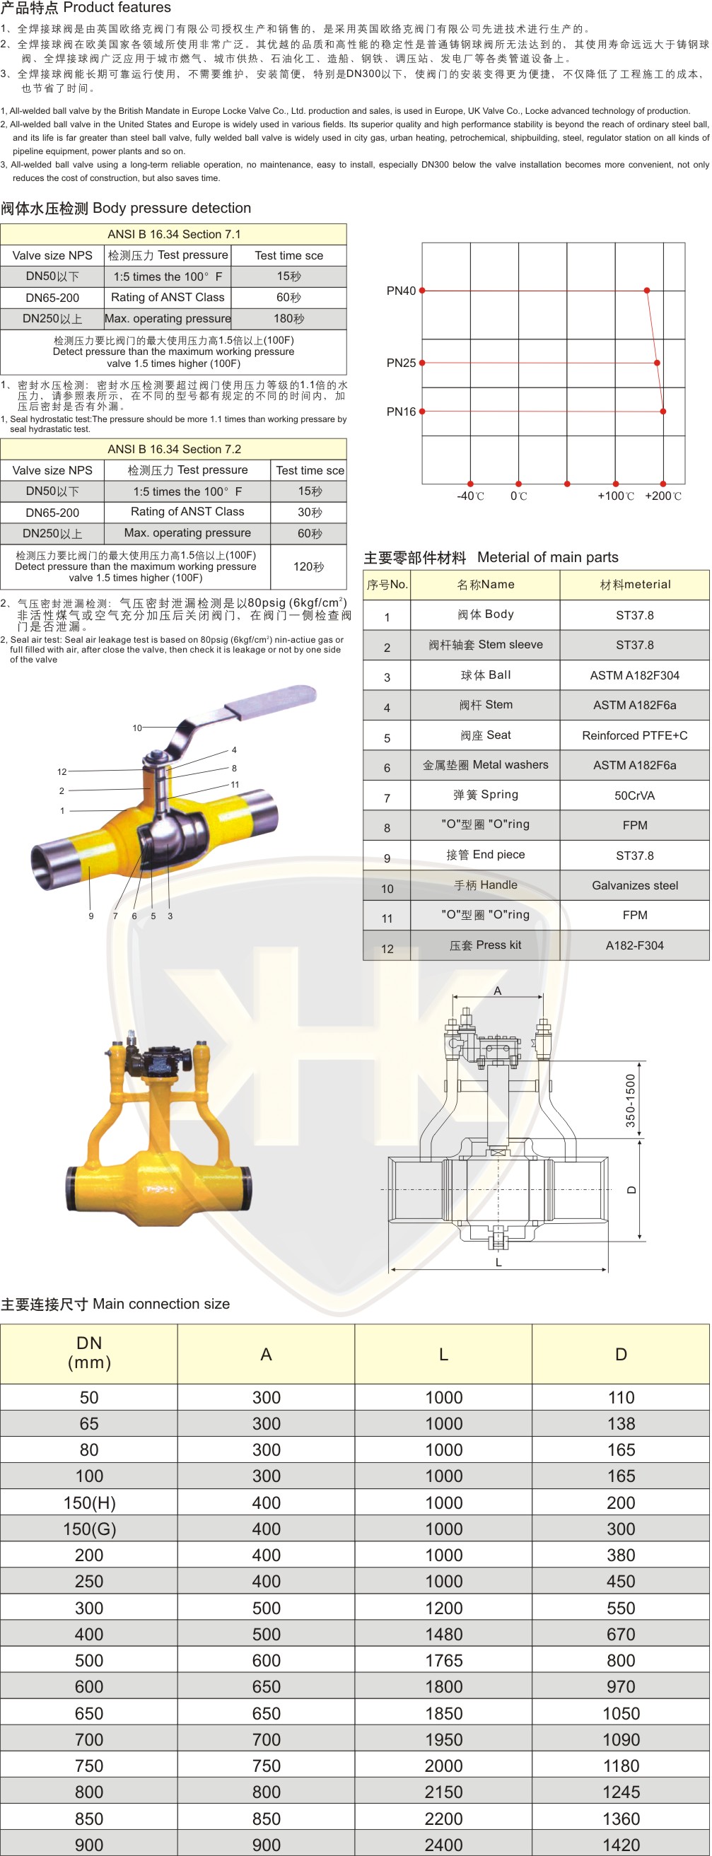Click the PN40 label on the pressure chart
(401, 291)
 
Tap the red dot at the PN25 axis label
(422, 363)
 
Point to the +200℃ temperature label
(663, 496)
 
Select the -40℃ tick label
(471, 496)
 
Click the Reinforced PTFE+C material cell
(635, 735)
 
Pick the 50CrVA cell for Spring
(635, 795)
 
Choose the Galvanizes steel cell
(635, 885)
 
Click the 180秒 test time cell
(289, 318)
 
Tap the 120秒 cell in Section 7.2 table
(308, 567)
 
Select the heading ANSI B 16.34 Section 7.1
(175, 234)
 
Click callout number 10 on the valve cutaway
(137, 728)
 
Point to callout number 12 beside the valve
(62, 771)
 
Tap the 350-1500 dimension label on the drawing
(631, 1101)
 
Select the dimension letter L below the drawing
(498, 1262)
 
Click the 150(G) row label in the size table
(89, 1529)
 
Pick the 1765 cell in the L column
(444, 1661)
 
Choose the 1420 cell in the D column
(621, 1845)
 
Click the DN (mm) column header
(89, 1353)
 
